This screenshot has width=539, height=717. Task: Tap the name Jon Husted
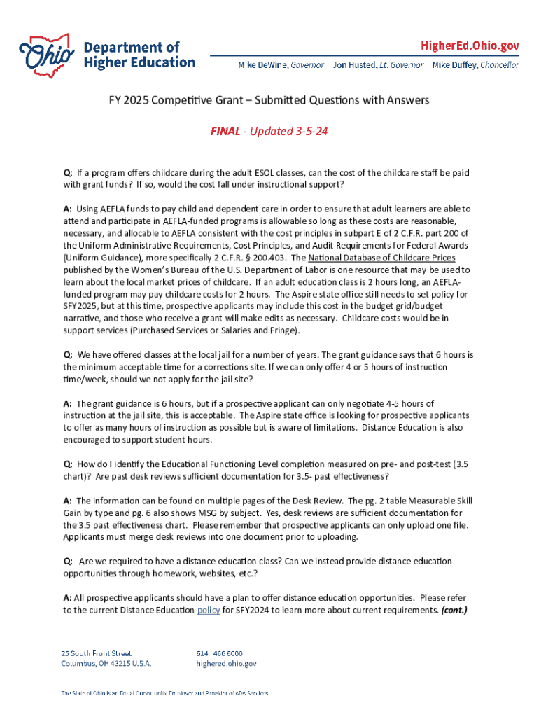pyautogui.click(x=354, y=65)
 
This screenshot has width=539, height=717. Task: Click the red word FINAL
pyautogui.click(x=226, y=132)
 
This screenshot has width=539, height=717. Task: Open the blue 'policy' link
pyautogui.click(x=209, y=610)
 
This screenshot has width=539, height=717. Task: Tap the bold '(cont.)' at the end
pyautogui.click(x=454, y=610)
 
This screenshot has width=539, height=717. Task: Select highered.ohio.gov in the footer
pyautogui.click(x=226, y=663)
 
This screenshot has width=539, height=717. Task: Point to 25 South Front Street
pyautogui.click(x=96, y=653)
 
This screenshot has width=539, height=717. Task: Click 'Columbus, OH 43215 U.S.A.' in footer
pyautogui.click(x=106, y=663)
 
